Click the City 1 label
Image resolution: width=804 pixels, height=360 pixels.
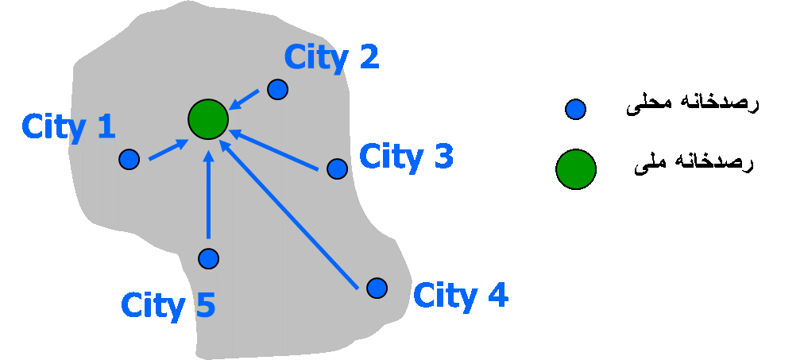tap(68, 127)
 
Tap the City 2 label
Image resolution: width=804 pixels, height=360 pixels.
tap(331, 57)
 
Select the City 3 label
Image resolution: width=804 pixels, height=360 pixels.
tap(406, 157)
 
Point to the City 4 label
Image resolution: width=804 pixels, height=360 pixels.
tap(460, 296)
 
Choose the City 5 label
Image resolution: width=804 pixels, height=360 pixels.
tap(168, 305)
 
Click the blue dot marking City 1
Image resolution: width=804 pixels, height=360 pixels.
tap(129, 159)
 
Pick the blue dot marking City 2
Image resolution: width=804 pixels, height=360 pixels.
tap(277, 89)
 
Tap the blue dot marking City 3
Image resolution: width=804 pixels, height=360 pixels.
tap(337, 168)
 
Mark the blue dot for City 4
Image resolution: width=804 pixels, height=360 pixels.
tap(377, 288)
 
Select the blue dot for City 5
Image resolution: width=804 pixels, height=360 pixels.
tap(208, 258)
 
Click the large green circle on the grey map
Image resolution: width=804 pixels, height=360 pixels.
tap(208, 119)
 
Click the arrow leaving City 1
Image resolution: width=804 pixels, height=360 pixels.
tap(168, 150)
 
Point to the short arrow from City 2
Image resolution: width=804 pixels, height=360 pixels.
tap(245, 99)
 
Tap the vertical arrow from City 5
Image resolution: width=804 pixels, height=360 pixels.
tap(208, 195)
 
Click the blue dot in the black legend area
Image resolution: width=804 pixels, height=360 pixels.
tap(576, 110)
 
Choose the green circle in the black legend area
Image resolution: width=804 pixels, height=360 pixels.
tap(576, 169)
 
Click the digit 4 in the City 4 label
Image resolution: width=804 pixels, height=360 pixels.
tap(496, 296)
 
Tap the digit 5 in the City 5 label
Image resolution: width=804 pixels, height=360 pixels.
tap(204, 305)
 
